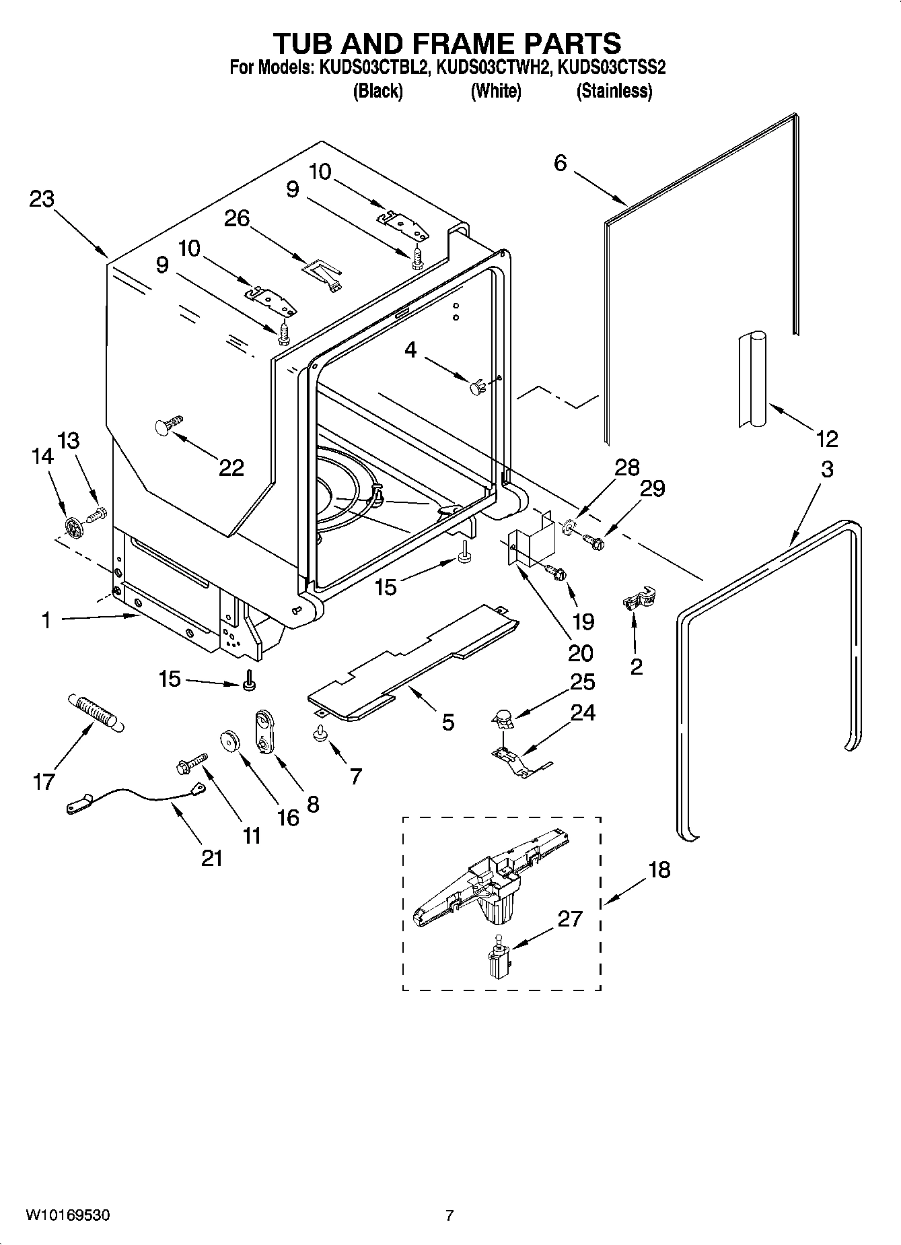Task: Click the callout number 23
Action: coord(42,199)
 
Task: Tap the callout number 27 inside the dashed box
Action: coord(569,918)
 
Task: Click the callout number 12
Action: coord(826,439)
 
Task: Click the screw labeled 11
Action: coord(192,763)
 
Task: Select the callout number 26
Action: coord(236,218)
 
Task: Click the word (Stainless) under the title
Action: coord(614,91)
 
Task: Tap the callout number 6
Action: coord(561,163)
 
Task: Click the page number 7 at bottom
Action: coord(449,1215)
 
